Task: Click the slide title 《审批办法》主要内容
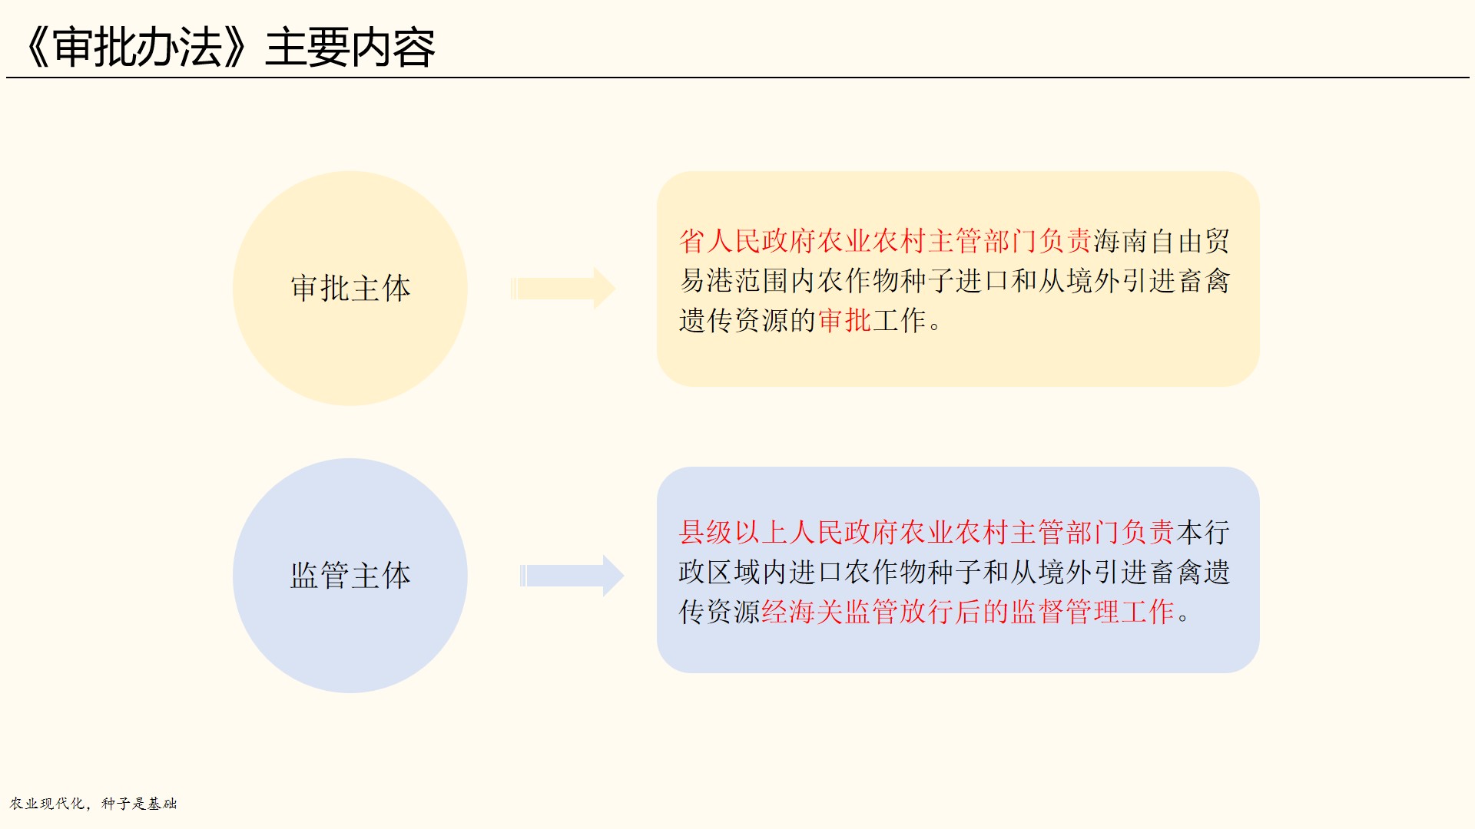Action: coord(228,48)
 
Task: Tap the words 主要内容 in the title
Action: coord(350,48)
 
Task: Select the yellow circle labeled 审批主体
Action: coord(350,289)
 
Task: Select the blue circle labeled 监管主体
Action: coord(350,576)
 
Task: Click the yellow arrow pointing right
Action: coord(563,289)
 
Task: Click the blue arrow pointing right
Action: coord(572,576)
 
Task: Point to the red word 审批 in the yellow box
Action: coord(845,320)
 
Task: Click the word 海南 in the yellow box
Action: coord(1121,241)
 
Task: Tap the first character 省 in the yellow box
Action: coord(692,241)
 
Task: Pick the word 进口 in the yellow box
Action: coord(983,281)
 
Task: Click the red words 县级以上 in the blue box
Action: coord(733,532)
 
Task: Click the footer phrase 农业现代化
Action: coord(47,804)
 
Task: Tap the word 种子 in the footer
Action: coord(116,804)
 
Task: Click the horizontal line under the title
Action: coord(737,78)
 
